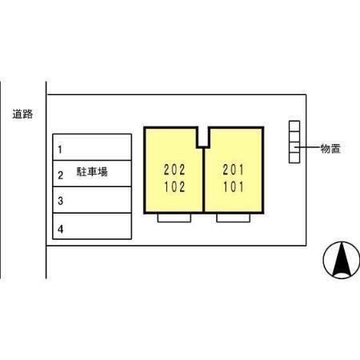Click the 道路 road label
[22, 114]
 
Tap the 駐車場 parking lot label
[92, 171]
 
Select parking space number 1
[92, 147]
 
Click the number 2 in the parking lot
[61, 175]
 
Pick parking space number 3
[92, 200]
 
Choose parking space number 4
[92, 226]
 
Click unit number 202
[174, 170]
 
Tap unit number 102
[174, 186]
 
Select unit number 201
[234, 170]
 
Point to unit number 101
[234, 186]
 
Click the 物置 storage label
[330, 148]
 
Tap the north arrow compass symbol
[342, 260]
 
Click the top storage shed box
[294, 126]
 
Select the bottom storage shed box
[294, 158]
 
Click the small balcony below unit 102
[174, 218]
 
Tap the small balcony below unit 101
[234, 218]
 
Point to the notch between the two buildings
[203, 137]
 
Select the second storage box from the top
[294, 137]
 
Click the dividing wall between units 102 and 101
[203, 180]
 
